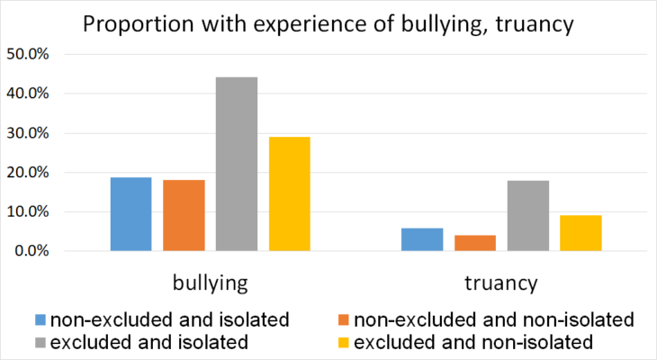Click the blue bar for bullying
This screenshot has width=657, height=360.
pyautogui.click(x=130, y=214)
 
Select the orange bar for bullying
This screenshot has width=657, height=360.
pyautogui.click(x=184, y=215)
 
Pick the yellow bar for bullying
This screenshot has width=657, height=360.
pyautogui.click(x=289, y=193)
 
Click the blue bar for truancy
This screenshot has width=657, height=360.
pyautogui.click(x=422, y=239)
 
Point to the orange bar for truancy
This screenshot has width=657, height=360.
pyautogui.click(x=475, y=243)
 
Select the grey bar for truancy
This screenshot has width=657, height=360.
pyautogui.click(x=528, y=216)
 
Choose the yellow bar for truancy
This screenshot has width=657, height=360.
pyautogui.click(x=580, y=233)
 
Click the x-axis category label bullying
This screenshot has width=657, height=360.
pyautogui.click(x=210, y=283)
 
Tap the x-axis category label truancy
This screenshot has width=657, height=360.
pyautogui.click(x=501, y=283)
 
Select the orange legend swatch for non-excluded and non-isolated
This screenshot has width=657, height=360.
pyautogui.click(x=345, y=319)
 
